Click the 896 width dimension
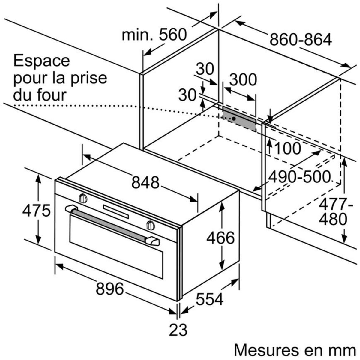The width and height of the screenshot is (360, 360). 110,289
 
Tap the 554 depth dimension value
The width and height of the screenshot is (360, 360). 210,299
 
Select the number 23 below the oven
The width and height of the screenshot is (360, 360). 178,330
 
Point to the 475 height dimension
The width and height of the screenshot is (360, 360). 36,211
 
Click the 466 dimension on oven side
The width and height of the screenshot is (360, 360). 220,238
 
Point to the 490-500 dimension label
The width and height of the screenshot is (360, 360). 299,177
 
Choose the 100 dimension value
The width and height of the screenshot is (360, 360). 288,148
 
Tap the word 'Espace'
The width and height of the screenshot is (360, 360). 42,61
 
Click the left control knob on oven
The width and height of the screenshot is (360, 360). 83,198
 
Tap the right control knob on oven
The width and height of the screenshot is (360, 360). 151,225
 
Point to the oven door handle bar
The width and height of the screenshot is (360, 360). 111,222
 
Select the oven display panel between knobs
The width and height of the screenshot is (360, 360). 116,211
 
